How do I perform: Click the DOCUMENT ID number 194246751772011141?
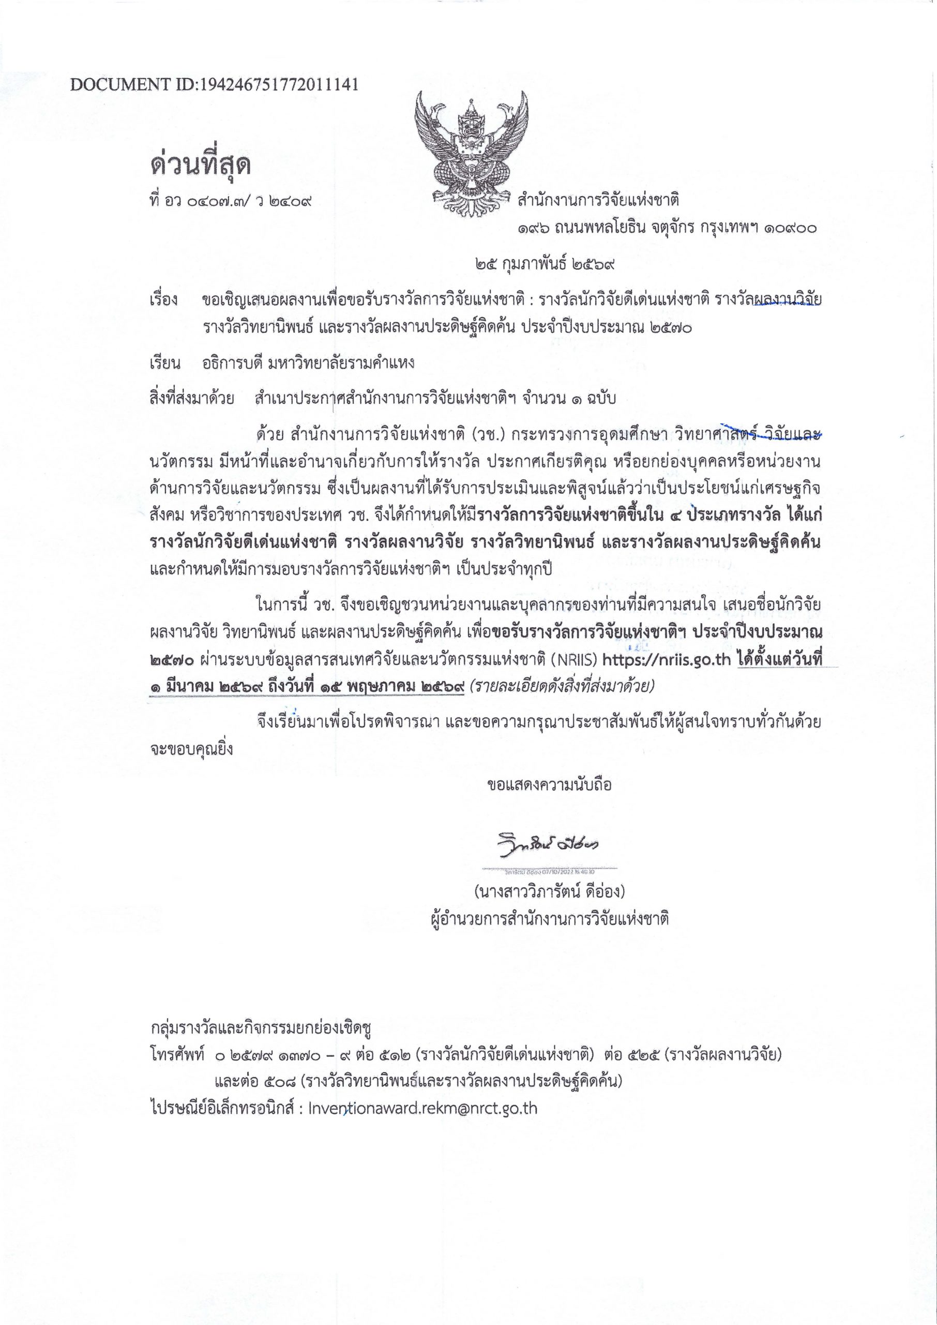278,85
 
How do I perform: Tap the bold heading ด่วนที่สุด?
201,165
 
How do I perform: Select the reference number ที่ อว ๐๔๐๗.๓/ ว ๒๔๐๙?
230,201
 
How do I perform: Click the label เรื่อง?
164,300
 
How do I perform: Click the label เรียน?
164,363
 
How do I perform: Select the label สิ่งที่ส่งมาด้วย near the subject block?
191,399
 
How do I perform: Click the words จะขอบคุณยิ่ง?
191,749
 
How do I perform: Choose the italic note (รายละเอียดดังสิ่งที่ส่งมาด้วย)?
562,686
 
